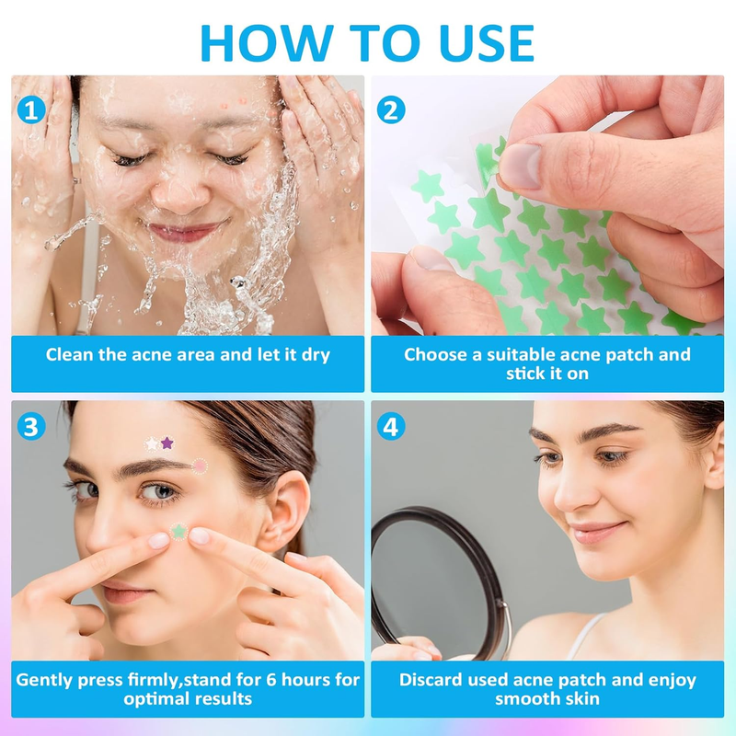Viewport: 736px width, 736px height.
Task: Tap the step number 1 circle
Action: point(31,110)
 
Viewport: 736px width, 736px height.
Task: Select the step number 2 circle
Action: point(391,109)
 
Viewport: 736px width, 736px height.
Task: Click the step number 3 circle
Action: point(31,427)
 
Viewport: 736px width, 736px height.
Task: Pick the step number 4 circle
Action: point(391,427)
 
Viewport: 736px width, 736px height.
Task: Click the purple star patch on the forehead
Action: point(167,443)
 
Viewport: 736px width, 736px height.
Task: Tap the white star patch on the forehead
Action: point(152,443)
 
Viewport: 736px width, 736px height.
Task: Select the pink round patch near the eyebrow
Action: point(200,466)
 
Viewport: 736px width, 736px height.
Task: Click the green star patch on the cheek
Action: point(178,532)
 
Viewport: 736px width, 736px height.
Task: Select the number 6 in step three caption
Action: point(271,680)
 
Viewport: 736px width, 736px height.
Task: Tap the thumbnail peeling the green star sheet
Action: point(520,166)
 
